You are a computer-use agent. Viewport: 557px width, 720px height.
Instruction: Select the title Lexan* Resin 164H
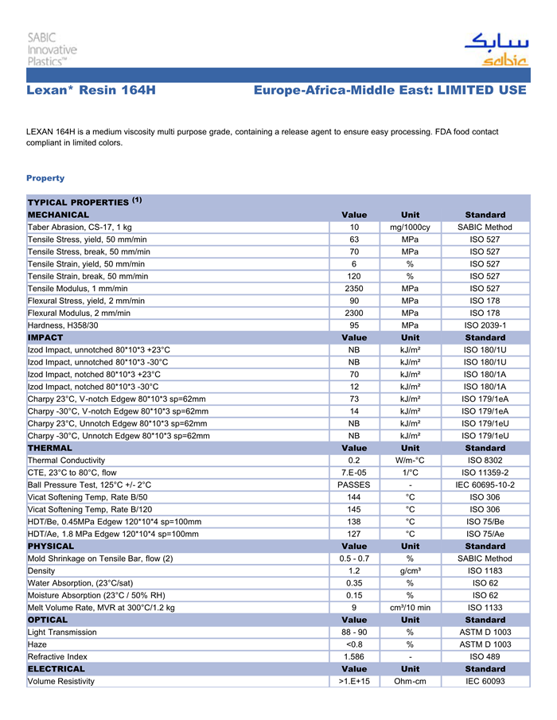point(91,91)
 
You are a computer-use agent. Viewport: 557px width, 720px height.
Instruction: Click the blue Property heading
point(45,178)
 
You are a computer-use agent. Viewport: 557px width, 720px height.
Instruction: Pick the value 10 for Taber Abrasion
point(354,228)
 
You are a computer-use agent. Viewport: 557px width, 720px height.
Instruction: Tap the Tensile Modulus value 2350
point(354,288)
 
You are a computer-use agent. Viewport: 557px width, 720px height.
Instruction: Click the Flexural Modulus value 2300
point(354,313)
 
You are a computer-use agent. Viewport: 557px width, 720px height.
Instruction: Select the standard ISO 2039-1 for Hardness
point(485,325)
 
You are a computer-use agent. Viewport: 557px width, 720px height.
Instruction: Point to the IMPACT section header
point(45,337)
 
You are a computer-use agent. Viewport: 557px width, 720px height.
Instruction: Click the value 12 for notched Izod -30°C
point(354,387)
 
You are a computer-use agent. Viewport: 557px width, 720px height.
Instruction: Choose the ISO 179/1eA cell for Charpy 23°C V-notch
point(485,399)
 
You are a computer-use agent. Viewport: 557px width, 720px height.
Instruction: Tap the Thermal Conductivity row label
point(66,460)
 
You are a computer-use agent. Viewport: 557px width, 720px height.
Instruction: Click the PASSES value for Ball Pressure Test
point(354,485)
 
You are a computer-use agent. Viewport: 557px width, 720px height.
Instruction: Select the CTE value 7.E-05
point(354,473)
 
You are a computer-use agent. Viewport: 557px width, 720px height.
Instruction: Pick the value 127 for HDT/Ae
point(354,534)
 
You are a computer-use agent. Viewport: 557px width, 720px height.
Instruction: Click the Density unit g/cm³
point(410,570)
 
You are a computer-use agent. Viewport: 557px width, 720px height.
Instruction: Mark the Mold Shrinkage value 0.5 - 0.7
point(354,558)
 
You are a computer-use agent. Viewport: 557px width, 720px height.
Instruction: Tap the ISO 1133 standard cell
point(485,608)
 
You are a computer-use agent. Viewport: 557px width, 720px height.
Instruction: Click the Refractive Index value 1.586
point(354,656)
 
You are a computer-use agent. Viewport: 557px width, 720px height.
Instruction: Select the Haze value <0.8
point(354,644)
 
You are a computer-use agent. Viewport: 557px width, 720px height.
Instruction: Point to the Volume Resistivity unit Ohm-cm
point(410,681)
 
